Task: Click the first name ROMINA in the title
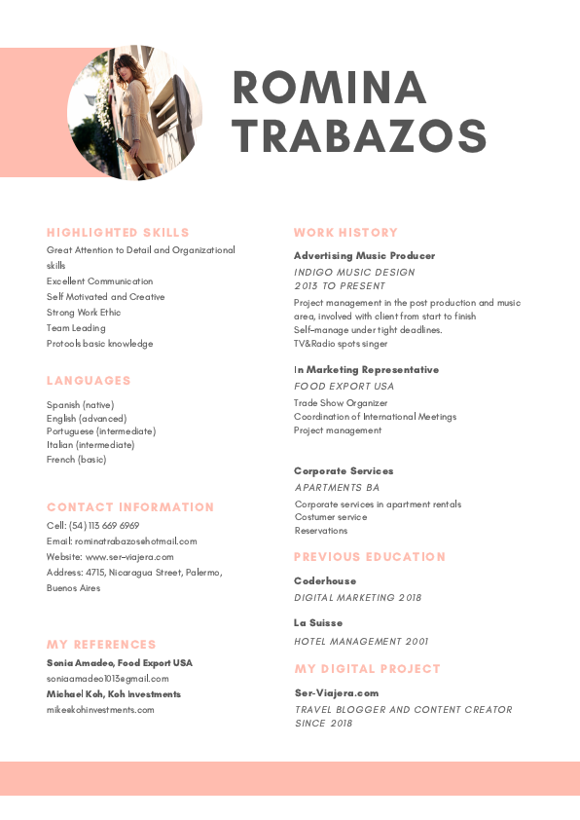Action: (x=330, y=89)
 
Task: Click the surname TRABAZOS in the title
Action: (x=359, y=135)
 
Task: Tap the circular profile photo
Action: (x=135, y=113)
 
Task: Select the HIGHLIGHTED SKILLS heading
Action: (x=118, y=233)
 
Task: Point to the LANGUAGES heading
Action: (x=89, y=381)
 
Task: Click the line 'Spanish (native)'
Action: (x=80, y=404)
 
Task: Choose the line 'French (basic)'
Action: (x=77, y=459)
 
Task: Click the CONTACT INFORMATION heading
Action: (x=130, y=507)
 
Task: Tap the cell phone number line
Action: (x=92, y=525)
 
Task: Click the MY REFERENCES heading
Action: (x=101, y=645)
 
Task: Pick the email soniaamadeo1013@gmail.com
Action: (x=107, y=679)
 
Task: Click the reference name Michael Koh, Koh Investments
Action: (x=114, y=694)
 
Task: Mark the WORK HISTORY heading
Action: (x=345, y=233)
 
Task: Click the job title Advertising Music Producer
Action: (x=364, y=255)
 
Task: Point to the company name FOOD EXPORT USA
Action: (x=344, y=387)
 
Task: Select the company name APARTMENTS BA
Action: (x=337, y=487)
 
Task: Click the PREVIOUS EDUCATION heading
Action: (x=370, y=557)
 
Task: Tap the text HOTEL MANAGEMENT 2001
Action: (x=361, y=642)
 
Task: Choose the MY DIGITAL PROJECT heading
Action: (x=367, y=669)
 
